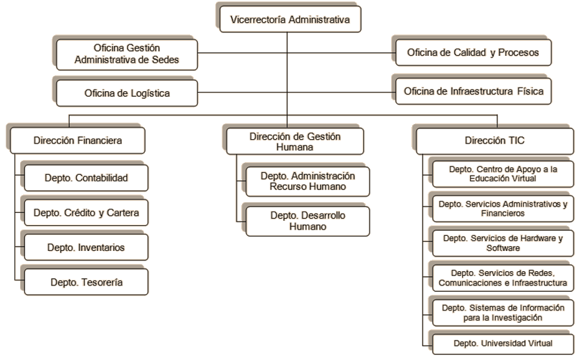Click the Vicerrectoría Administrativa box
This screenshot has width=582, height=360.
[x=288, y=19]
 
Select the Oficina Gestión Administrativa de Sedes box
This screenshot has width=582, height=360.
[x=127, y=55]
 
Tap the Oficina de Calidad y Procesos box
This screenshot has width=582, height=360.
[x=468, y=52]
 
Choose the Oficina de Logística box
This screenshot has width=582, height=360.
[x=126, y=93]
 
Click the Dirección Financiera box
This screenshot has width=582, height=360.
[x=78, y=141]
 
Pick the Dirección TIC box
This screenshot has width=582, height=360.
[x=489, y=141]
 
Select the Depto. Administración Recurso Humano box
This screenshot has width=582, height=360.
[x=308, y=181]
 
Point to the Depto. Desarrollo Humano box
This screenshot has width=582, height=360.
[x=308, y=221]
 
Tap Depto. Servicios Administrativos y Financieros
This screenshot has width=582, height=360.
[x=502, y=208]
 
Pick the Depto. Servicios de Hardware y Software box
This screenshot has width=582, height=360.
[x=502, y=242]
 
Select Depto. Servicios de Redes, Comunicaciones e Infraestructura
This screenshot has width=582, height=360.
[x=502, y=278]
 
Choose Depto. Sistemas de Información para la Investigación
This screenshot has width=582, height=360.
[x=502, y=312]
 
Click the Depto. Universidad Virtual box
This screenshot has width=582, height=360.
[x=502, y=344]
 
